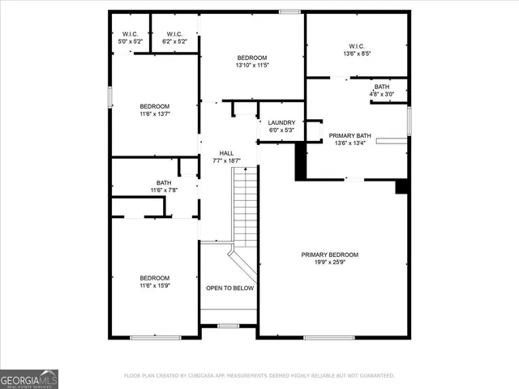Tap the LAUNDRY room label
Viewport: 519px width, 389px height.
(281, 122)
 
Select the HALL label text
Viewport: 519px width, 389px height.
(227, 152)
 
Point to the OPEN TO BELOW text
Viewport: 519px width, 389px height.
(229, 288)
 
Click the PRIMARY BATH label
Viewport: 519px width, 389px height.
(350, 135)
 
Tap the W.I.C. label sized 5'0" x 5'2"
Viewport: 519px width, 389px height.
(131, 34)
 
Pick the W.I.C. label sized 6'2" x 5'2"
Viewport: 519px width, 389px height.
(174, 34)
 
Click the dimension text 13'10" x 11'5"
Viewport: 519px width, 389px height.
(251, 66)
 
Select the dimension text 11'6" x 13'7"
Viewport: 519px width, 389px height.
(154, 115)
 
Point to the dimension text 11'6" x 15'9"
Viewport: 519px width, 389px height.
(154, 285)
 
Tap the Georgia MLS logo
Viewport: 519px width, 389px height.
(29, 379)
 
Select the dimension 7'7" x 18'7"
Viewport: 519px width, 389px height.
(227, 160)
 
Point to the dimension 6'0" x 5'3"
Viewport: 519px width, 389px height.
(281, 130)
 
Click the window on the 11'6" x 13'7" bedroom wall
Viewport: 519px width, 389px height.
(110, 96)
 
